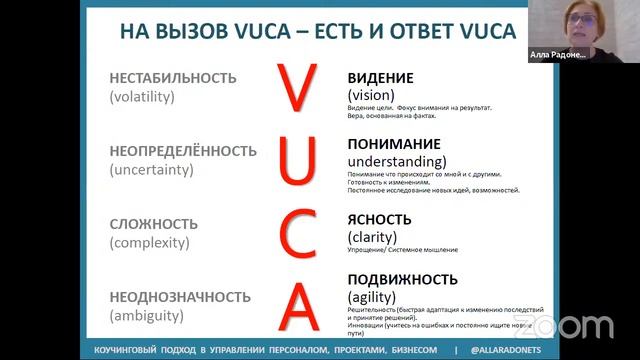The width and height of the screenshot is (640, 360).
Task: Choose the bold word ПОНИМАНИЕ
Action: [x=395, y=143]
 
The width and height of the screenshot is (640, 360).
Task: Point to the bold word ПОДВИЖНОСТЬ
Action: [x=403, y=280]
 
